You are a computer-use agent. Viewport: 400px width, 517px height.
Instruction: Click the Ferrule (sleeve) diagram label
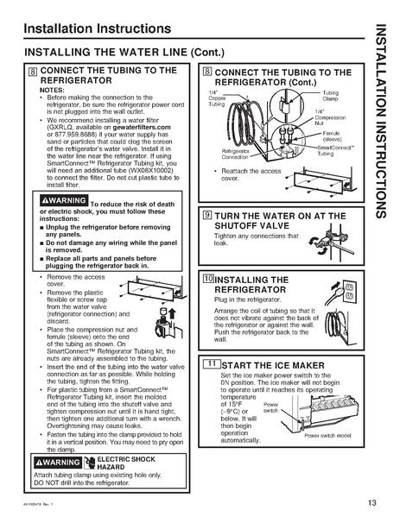click(329, 136)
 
